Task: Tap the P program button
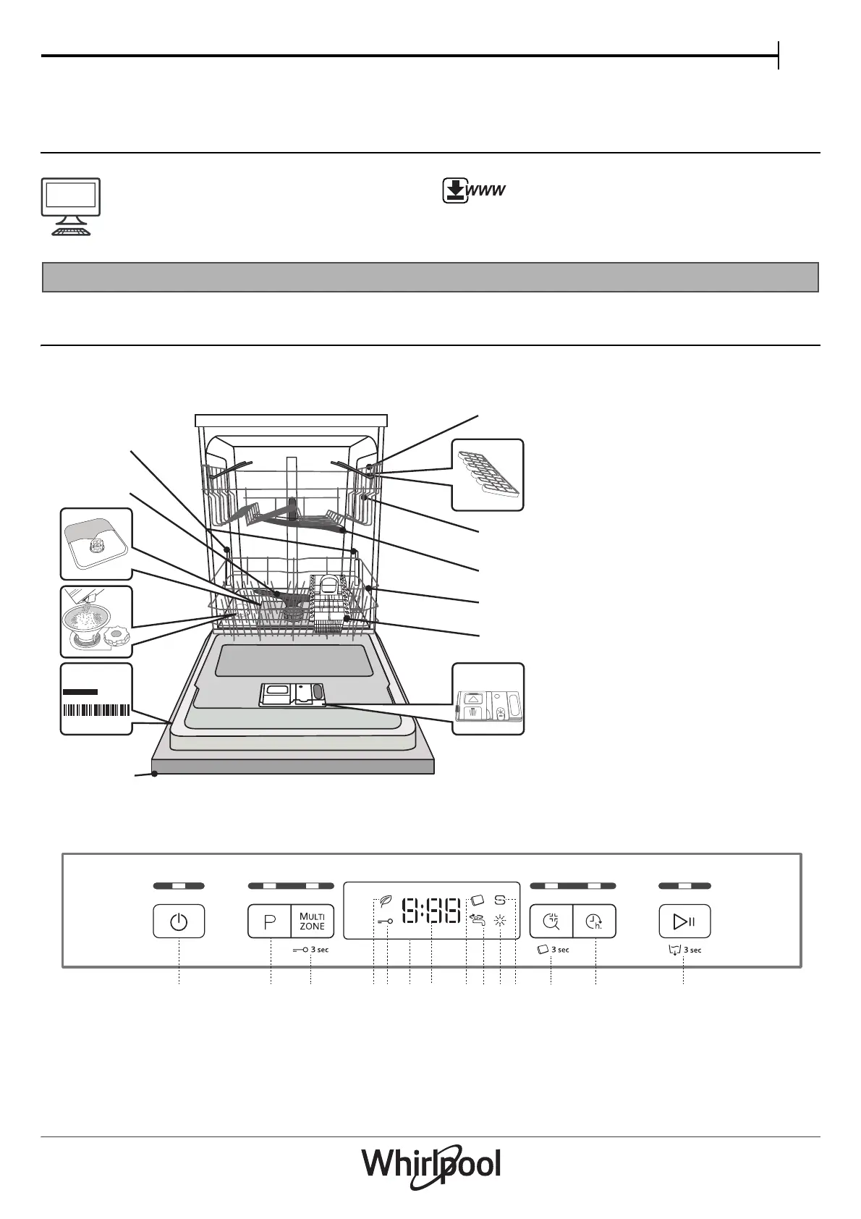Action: click(270, 921)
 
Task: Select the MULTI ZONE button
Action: click(313, 921)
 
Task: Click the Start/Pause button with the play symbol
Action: click(684, 921)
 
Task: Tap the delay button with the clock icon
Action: click(594, 921)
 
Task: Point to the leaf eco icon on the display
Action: click(385, 903)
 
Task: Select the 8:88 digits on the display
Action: click(432, 911)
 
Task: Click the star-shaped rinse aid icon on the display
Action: click(499, 921)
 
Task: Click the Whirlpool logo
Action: click(430, 1166)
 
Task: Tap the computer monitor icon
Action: click(69, 206)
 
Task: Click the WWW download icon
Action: click(473, 191)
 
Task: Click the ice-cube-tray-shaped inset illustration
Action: click(487, 475)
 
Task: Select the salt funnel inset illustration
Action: click(96, 621)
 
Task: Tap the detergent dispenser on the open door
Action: click(292, 694)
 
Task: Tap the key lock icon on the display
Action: click(385, 921)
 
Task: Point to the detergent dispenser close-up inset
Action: click(488, 699)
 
